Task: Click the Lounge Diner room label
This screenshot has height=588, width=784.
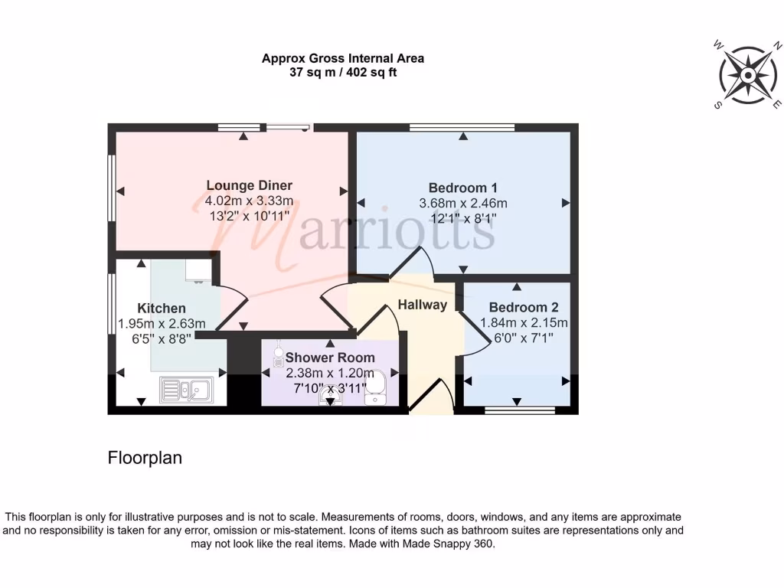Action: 249,185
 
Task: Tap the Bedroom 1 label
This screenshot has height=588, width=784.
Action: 462,188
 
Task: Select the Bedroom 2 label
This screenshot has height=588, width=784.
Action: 518,308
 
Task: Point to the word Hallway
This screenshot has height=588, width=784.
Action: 422,305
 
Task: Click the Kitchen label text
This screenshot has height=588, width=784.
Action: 162,308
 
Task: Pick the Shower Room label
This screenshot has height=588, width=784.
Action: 330,358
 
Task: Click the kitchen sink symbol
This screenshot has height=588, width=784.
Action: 189,390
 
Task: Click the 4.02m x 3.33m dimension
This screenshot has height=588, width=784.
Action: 249,201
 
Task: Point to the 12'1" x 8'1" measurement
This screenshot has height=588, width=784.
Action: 462,218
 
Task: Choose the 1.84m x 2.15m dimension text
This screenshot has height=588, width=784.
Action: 524,323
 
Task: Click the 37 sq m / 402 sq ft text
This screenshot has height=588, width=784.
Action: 342,73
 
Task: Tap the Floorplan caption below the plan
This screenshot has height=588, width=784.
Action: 145,458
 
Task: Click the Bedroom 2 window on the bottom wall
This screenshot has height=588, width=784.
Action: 520,410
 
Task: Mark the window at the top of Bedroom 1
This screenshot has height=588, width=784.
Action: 462,128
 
